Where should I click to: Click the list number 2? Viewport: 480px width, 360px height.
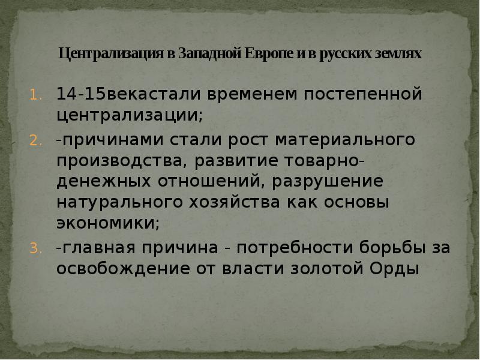[34, 141]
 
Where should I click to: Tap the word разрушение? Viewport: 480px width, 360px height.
[333, 181]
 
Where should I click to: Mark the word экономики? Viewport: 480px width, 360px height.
[108, 223]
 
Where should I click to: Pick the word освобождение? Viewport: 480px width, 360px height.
[122, 268]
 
